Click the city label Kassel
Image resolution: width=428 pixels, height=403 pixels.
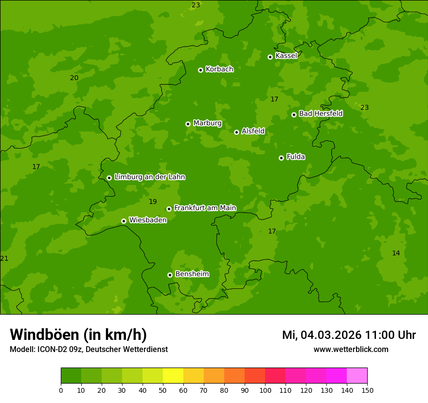pos(286,56)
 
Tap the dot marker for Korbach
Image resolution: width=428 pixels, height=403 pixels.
pos(200,70)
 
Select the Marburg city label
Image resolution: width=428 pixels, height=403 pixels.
pos(207,123)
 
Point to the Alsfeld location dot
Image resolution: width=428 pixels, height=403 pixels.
pos(236,132)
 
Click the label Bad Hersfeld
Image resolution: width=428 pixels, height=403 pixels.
pos(321,114)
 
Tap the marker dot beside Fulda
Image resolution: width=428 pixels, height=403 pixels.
pos(281,158)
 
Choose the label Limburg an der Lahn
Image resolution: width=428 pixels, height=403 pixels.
pos(149,177)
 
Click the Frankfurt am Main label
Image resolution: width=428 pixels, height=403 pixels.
pos(205,208)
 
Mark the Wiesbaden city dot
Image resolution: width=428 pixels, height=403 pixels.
pos(124,221)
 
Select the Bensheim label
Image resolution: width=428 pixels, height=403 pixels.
pos(192,274)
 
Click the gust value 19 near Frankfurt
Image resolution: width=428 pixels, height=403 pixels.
pos(153,201)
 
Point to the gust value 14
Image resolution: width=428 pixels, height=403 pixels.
pos(396,253)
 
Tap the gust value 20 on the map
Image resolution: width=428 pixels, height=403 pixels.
pos(74,78)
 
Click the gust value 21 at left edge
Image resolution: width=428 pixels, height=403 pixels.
pos(4,258)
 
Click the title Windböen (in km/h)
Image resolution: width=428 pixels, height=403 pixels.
pos(78,335)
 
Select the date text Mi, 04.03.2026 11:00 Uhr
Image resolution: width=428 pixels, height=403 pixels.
pos(349,335)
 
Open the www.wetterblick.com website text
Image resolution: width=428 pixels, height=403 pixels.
pos(351,349)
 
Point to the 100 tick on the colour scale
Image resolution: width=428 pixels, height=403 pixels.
pos(265,390)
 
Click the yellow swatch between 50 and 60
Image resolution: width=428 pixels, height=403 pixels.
pos(173,376)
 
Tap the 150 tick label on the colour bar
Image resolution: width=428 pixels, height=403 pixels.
pos(367,390)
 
